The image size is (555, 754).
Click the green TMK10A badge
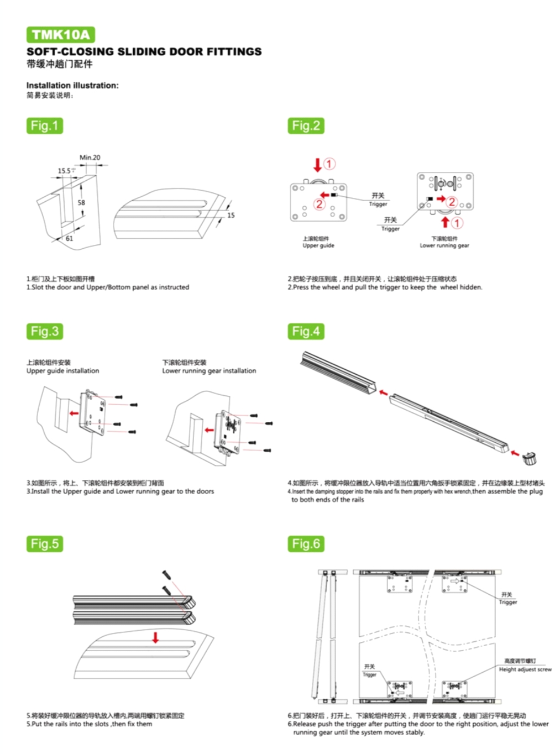(60, 35)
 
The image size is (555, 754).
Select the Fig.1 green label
(44, 125)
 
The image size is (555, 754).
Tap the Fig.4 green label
(306, 332)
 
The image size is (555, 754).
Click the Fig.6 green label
(306, 544)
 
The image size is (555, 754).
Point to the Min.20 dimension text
(90, 158)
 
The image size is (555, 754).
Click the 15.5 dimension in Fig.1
(65, 171)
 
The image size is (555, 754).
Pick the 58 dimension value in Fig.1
(81, 203)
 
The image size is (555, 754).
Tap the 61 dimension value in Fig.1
(69, 239)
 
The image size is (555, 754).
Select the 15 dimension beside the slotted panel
(231, 215)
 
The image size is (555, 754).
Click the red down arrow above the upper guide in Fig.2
(317, 164)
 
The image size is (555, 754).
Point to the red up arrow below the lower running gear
(445, 222)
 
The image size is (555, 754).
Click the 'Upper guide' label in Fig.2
(318, 245)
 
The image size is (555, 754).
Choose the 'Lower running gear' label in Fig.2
(444, 245)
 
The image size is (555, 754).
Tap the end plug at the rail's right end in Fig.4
(530, 458)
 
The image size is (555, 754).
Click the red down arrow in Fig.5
(155, 637)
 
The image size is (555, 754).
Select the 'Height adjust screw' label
(525, 669)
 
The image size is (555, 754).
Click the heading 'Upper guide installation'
(63, 371)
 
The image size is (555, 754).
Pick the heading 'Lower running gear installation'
(209, 371)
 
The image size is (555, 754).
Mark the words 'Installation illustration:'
(72, 86)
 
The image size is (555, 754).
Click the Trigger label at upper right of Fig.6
(507, 602)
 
